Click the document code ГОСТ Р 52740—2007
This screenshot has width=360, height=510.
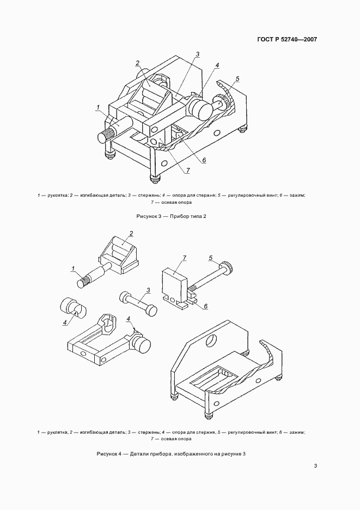coord(287,40)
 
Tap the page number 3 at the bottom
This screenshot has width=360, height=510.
coord(315,466)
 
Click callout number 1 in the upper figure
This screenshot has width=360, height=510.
coord(98,107)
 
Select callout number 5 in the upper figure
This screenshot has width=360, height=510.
coord(237,78)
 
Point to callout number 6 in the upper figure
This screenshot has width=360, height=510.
coord(204,160)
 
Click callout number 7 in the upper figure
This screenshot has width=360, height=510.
coord(188,170)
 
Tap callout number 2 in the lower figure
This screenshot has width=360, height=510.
coord(131,233)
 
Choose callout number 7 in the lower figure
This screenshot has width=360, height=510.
coord(185,258)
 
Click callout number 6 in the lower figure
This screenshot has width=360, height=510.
coord(205,306)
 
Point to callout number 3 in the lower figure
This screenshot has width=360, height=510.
coord(148,289)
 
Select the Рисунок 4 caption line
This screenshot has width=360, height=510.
coord(171,453)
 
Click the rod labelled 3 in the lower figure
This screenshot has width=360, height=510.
coord(139,302)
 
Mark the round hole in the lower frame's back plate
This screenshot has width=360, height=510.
coord(211,340)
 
